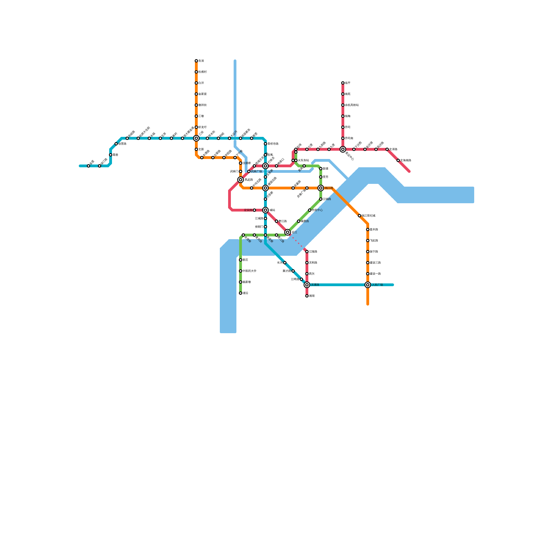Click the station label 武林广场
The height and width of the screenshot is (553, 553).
point(256,171)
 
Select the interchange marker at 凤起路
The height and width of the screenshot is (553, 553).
point(241,180)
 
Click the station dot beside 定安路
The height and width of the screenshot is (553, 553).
point(254,210)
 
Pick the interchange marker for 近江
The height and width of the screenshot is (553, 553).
point(288,232)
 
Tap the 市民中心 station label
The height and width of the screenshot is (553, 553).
point(317,210)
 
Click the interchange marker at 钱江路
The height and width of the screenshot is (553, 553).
point(321,188)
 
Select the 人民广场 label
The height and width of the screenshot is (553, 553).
point(377,285)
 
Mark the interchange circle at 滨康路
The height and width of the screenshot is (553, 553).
point(307,285)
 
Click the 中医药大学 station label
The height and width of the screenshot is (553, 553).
point(250,271)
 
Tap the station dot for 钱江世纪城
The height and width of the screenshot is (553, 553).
point(359,216)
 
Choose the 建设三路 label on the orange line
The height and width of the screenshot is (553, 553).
point(375,263)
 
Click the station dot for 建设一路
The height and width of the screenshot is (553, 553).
point(368,274)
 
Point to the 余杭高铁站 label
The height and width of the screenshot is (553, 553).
point(352,105)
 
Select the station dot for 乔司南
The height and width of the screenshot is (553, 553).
point(343,138)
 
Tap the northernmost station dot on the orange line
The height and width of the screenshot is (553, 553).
point(196,61)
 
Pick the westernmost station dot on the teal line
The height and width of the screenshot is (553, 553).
point(88,166)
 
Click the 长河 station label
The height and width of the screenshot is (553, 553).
point(280,263)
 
